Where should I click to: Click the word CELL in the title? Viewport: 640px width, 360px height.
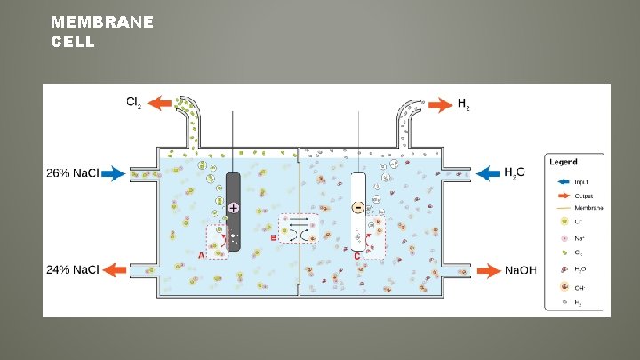(x=73, y=41)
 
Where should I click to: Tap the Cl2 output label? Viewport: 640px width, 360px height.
(x=132, y=103)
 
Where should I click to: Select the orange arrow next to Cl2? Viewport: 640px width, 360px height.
(x=160, y=103)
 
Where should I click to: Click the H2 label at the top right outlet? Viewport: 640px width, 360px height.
(x=463, y=105)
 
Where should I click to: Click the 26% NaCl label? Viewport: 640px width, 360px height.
(x=73, y=173)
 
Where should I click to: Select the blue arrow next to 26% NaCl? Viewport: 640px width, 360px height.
(x=113, y=173)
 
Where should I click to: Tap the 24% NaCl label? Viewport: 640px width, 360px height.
(x=73, y=269)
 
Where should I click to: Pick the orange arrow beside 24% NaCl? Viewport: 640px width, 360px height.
(x=113, y=269)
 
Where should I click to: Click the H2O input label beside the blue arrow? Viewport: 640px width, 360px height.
(x=515, y=172)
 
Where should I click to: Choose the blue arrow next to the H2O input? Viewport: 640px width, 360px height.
(x=488, y=172)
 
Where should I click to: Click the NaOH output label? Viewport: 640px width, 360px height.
(x=520, y=269)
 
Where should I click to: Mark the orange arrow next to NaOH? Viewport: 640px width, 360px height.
(x=488, y=269)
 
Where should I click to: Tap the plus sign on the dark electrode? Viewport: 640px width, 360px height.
(x=233, y=207)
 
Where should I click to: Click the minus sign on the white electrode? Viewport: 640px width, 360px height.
(x=357, y=207)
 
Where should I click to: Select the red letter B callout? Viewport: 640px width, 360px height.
(x=274, y=237)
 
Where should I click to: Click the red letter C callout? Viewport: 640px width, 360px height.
(x=356, y=255)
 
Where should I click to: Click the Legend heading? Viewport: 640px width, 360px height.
(x=563, y=162)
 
